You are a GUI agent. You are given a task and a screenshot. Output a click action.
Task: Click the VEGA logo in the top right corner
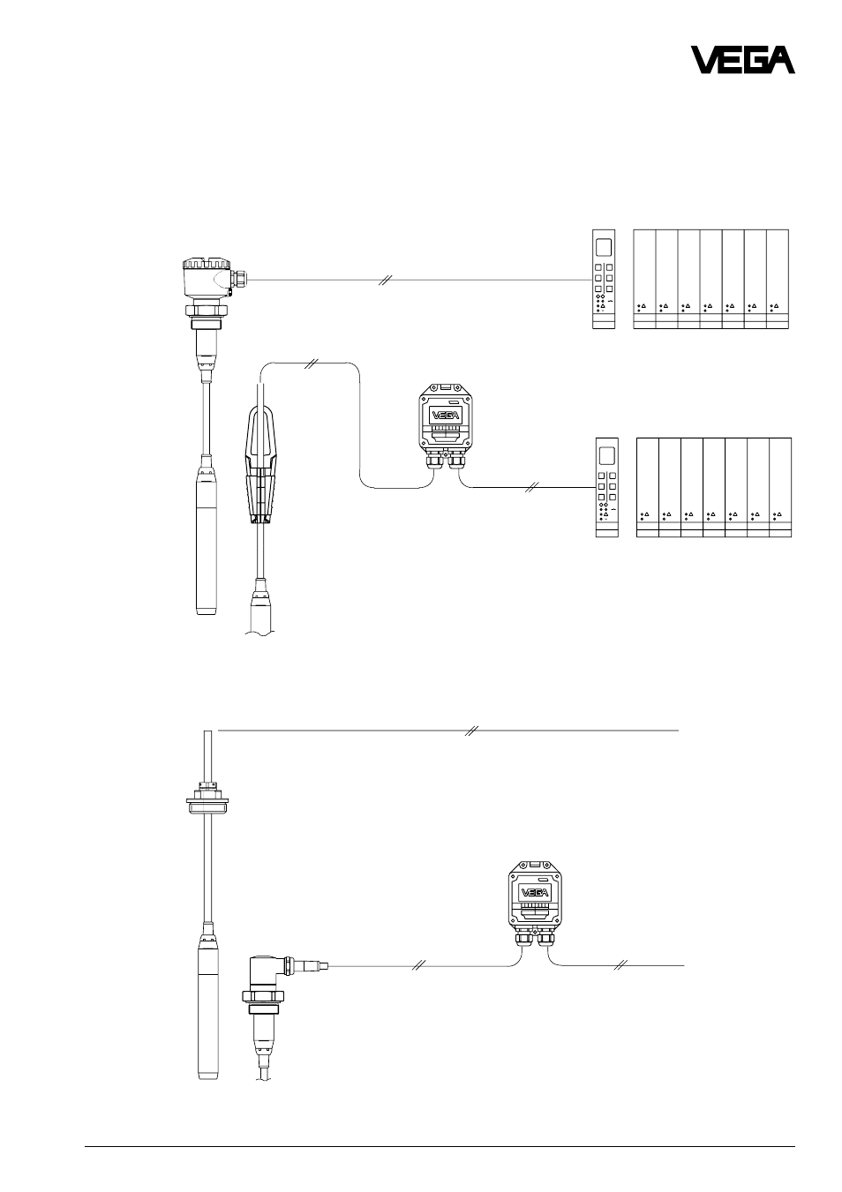pos(742,60)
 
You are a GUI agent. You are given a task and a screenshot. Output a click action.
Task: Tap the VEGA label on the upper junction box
pos(445,415)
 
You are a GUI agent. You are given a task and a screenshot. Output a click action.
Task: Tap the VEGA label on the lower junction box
pos(535,893)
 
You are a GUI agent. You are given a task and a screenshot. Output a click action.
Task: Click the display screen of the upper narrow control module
pos(604,248)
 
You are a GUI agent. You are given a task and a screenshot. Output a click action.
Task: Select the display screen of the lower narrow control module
pos(606,456)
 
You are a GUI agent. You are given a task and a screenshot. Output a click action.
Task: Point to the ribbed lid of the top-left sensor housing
pos(207,264)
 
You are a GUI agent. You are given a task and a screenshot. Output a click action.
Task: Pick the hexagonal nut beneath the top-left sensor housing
pos(207,311)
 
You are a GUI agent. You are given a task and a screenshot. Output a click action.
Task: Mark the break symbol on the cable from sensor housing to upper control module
pos(386,280)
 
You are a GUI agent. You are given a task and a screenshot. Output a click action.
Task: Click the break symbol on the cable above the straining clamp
pos(311,364)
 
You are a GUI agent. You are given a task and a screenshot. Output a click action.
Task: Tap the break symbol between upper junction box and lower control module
pos(531,487)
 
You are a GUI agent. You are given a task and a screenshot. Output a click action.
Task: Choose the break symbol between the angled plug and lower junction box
pos(419,965)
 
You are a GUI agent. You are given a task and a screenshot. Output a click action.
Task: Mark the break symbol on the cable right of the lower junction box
pos(620,964)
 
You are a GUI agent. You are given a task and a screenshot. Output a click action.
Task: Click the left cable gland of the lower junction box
pos(522,940)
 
